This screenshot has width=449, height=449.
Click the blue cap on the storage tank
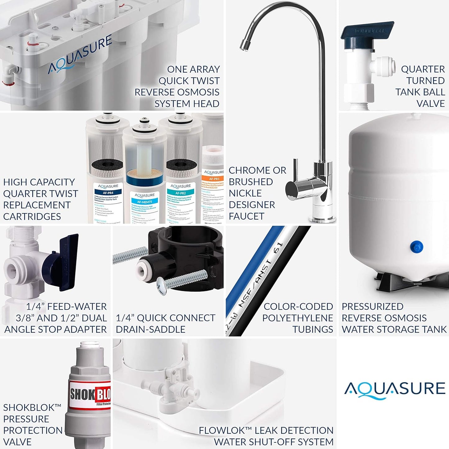point(416,247)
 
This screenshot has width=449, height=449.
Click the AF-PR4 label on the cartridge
point(108,193)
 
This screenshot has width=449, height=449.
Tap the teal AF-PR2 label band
point(181,193)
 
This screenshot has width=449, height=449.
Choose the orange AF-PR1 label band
point(214,179)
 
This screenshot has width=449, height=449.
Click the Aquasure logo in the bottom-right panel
point(395,389)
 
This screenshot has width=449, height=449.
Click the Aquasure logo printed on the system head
point(80,55)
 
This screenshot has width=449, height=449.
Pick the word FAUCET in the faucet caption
point(246,216)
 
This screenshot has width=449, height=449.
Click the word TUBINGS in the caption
point(313,329)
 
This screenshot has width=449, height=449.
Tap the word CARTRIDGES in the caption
point(32,217)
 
